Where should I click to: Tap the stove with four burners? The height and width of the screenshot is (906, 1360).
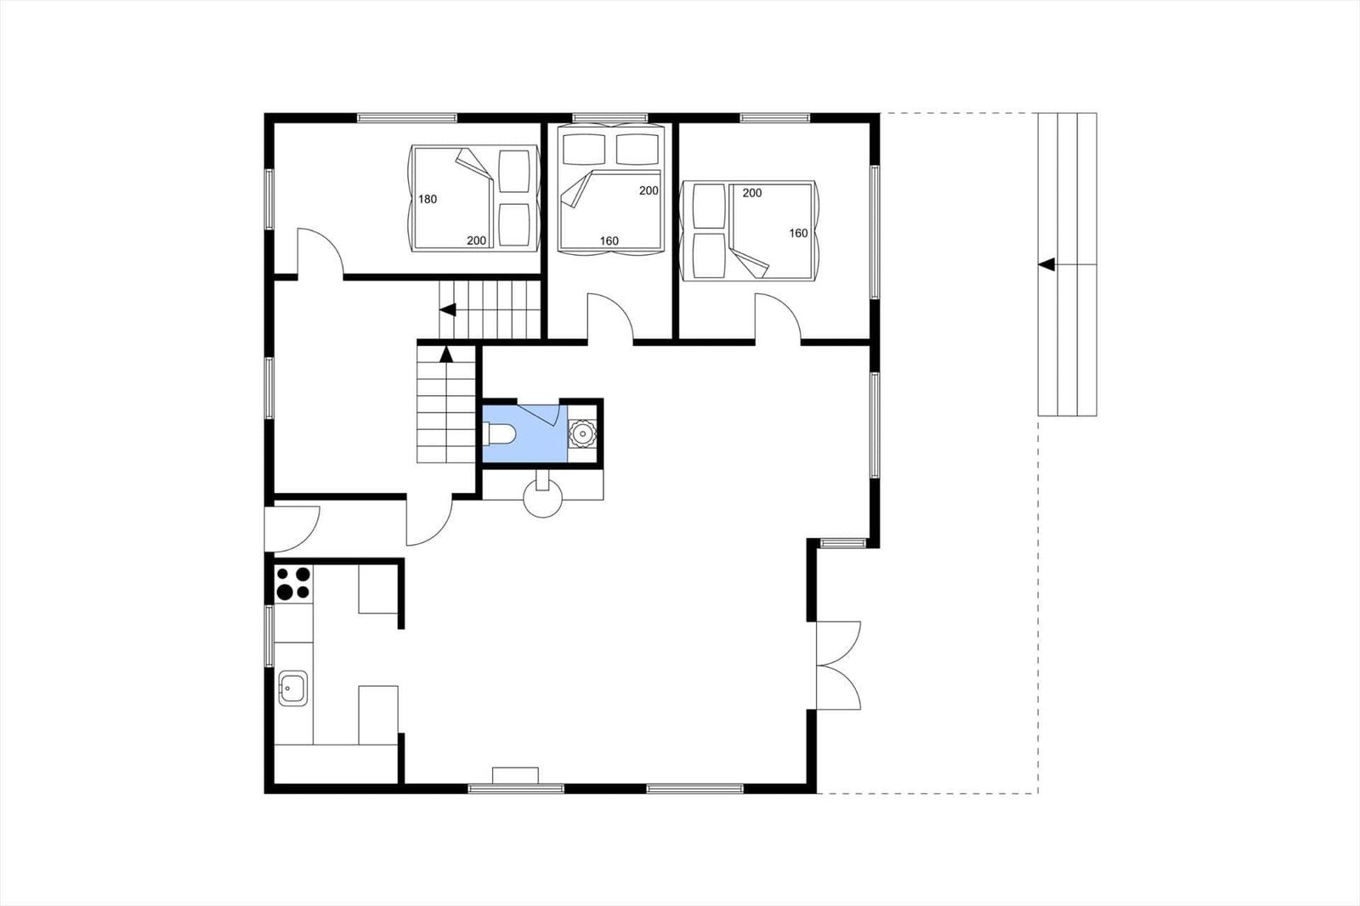(293, 583)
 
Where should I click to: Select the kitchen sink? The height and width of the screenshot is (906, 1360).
(293, 688)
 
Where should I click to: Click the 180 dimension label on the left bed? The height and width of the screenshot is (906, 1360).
(428, 199)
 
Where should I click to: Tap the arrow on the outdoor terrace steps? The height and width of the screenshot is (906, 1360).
(1046, 265)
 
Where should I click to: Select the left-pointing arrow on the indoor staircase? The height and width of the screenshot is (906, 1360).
(447, 309)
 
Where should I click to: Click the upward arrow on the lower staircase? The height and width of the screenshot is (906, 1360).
(446, 354)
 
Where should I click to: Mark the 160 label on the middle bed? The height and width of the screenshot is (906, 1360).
(609, 241)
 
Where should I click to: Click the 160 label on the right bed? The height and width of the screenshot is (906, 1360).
(798, 233)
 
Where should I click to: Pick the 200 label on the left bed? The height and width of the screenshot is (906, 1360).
(477, 241)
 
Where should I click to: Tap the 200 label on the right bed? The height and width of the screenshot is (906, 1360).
(751, 193)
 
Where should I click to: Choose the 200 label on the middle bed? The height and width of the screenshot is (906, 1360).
(649, 190)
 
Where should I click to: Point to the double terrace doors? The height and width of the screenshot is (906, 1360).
(838, 665)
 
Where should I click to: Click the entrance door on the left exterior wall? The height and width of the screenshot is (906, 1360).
(292, 529)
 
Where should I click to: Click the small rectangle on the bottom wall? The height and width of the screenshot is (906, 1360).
(515, 776)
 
